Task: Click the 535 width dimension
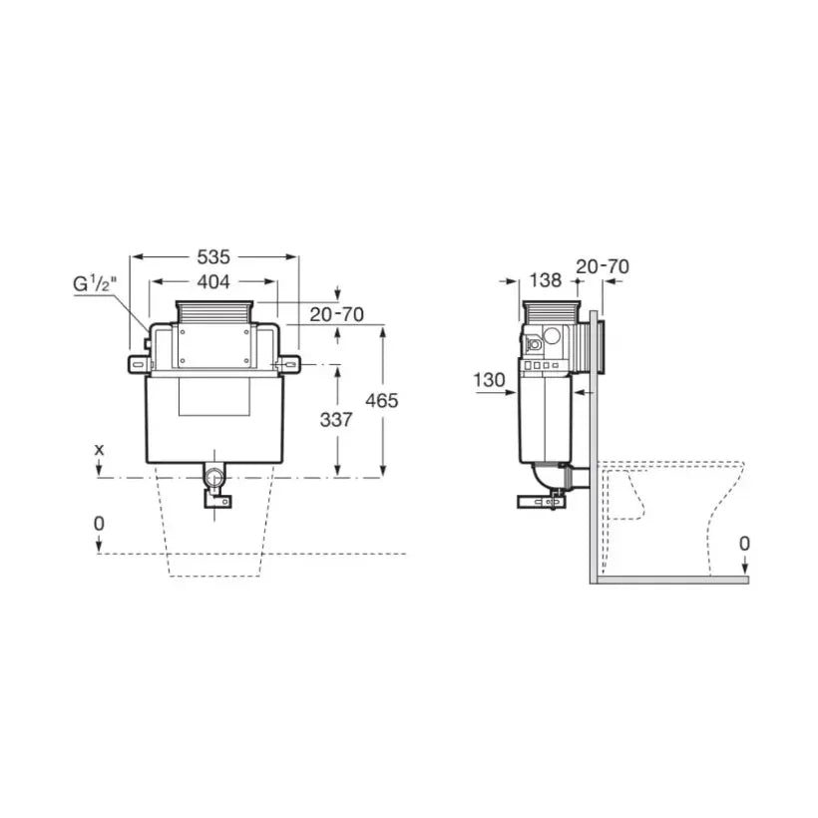(x=213, y=256)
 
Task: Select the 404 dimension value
(x=213, y=281)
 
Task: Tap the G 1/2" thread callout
(x=96, y=284)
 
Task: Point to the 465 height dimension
(x=381, y=401)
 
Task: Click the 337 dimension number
(x=336, y=419)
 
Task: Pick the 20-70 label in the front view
(x=336, y=314)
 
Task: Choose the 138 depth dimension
(x=546, y=280)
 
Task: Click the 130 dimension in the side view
(x=490, y=380)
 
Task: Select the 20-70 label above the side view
(x=603, y=266)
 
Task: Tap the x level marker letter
(x=99, y=449)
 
